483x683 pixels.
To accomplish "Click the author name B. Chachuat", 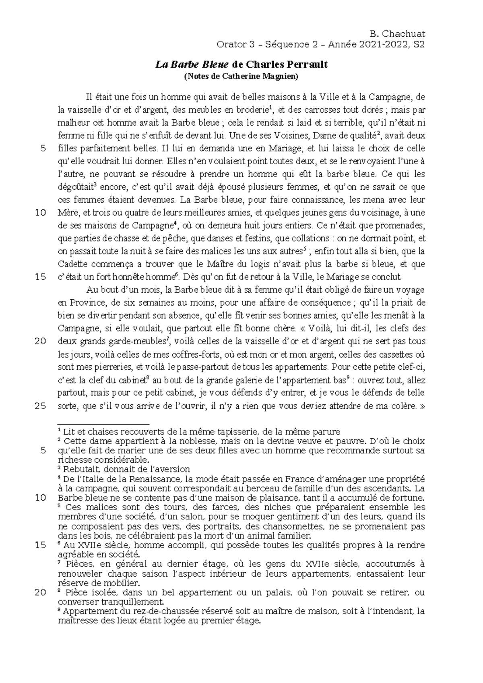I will click(x=396, y=34).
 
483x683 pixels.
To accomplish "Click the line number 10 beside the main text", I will click(x=41, y=213).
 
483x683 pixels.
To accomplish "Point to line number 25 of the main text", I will click(x=41, y=406).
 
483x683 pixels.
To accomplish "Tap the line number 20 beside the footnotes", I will click(x=41, y=593).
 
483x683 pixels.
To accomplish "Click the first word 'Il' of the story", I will click(x=89, y=97).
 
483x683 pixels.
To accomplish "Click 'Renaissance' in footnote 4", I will click(x=142, y=479).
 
